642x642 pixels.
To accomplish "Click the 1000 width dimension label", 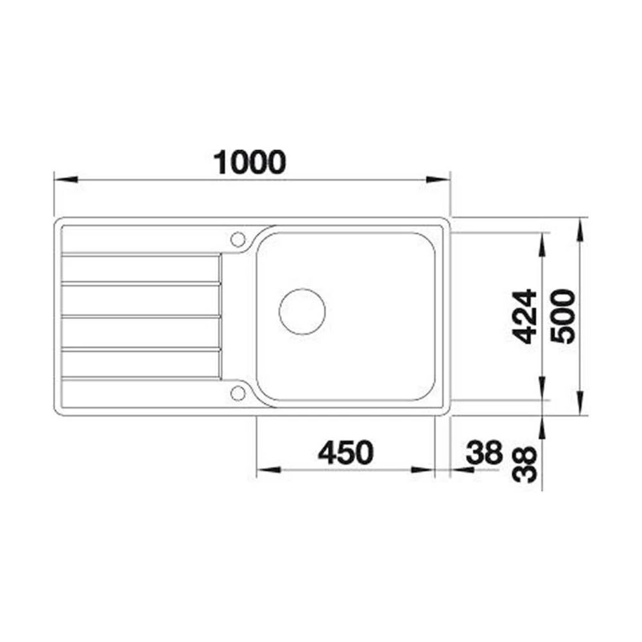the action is (250, 162).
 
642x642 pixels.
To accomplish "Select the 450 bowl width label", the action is (346, 453).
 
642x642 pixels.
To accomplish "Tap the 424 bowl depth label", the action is (525, 316).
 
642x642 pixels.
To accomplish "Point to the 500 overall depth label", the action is (562, 316).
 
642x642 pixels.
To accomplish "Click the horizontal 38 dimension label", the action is (484, 453).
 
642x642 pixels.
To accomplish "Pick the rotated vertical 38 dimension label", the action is (525, 465).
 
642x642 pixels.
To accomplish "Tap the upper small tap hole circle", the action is (238, 239).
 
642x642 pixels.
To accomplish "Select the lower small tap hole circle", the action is (238, 393).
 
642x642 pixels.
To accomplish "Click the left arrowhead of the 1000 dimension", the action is (66, 179).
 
